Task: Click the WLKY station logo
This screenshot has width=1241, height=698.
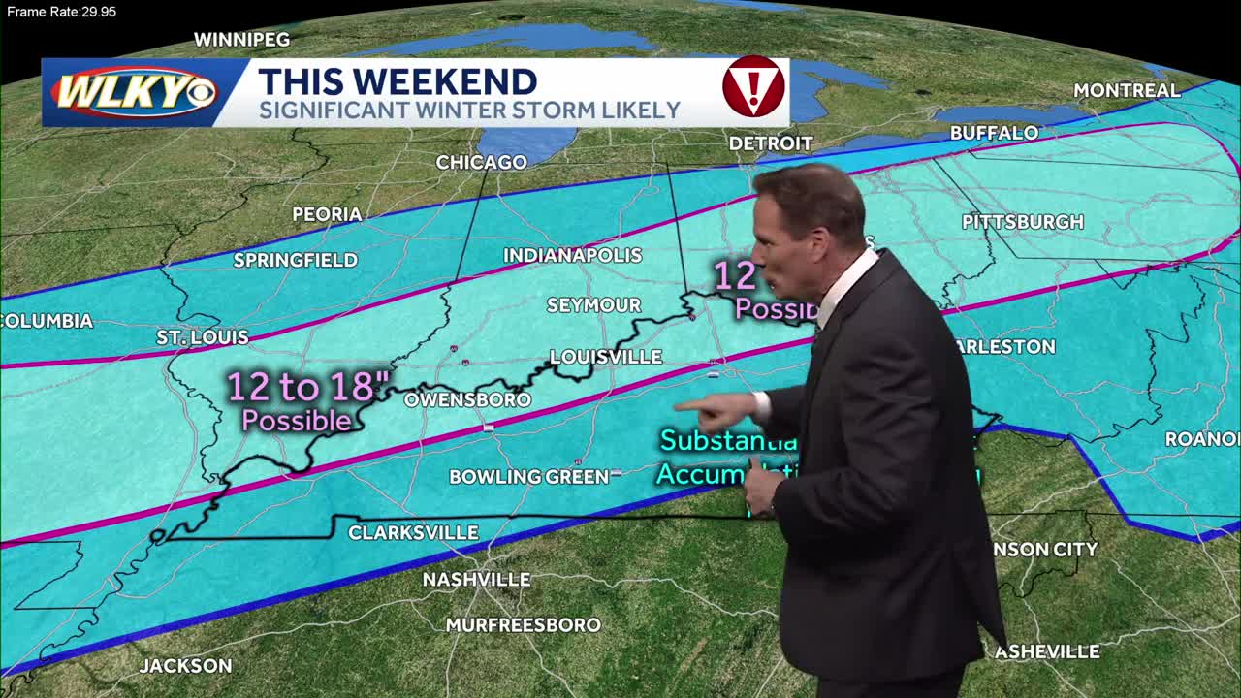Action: click(134, 93)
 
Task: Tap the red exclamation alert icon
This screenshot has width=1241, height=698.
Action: click(753, 87)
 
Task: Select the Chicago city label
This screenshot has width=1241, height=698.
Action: click(481, 162)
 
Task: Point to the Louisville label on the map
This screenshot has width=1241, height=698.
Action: click(606, 357)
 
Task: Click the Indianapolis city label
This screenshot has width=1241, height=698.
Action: click(572, 255)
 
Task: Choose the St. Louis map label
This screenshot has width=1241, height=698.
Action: click(203, 337)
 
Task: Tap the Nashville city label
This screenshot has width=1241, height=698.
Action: click(476, 579)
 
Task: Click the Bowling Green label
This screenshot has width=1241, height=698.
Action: click(528, 476)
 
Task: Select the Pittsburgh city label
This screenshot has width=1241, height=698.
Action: click(1022, 222)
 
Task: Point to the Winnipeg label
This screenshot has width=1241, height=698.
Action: click(241, 40)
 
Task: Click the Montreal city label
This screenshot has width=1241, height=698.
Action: click(1127, 90)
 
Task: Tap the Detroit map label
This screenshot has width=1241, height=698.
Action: click(770, 143)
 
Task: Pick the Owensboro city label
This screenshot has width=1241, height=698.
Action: click(467, 399)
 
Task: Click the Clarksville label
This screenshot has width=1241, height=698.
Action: click(413, 532)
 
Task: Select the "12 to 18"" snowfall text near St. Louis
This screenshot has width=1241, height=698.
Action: click(301, 387)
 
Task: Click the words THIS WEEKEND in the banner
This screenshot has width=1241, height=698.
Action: click(398, 81)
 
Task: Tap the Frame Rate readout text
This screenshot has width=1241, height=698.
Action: click(60, 12)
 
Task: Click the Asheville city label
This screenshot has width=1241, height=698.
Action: click(1047, 651)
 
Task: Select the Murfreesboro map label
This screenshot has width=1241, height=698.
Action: click(523, 624)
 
